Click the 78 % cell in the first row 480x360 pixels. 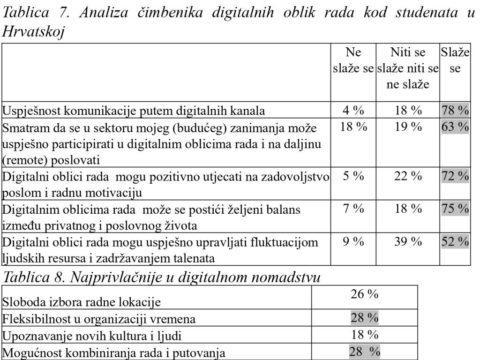455,111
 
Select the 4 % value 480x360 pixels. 353,111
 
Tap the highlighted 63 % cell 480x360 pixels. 455,127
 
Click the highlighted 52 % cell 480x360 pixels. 455,242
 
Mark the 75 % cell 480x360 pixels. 455,209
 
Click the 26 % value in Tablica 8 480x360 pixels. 365,294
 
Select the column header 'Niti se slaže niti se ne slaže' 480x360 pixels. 407,68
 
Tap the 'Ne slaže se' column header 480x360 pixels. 353,60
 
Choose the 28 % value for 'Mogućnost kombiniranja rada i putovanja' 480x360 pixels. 365,352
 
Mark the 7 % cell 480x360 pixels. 353,209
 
